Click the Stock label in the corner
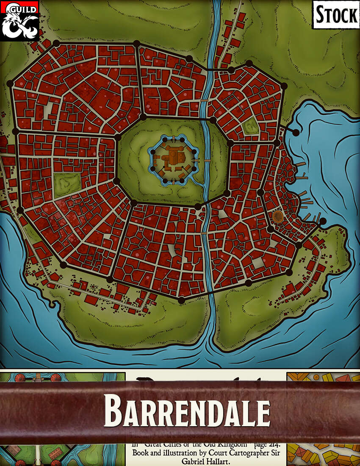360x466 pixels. point(336,15)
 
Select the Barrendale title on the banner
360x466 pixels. point(187,411)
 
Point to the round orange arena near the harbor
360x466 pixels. point(278,216)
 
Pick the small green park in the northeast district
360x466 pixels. point(251,126)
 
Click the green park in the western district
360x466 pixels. point(67,185)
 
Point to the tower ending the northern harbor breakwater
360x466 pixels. point(296,133)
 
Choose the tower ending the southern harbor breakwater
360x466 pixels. point(323,221)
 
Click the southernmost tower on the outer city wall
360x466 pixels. point(181,300)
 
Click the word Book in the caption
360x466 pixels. point(141,452)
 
